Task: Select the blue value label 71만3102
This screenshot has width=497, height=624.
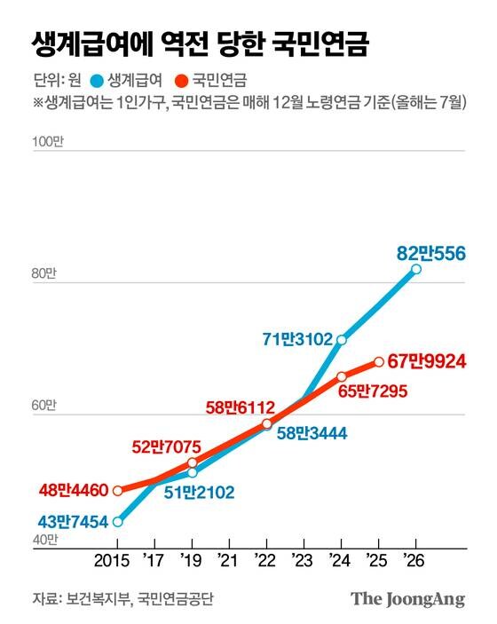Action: [297, 338]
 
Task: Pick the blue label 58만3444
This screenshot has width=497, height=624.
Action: [312, 434]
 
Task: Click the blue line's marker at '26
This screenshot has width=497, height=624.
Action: [416, 269]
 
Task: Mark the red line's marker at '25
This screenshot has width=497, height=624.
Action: [379, 361]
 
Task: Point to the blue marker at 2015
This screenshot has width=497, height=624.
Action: [118, 521]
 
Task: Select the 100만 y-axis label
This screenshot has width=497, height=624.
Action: [45, 143]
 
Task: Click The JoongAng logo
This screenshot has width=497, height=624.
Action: [407, 599]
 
